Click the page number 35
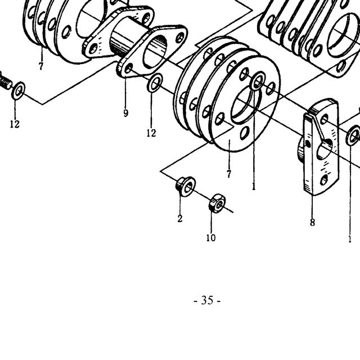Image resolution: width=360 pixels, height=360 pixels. (207, 300)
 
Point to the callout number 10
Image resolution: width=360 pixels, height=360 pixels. (211, 237)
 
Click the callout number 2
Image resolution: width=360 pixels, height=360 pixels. (180, 218)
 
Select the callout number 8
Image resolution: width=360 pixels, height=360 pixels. (312, 222)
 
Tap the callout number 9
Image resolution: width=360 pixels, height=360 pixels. (125, 113)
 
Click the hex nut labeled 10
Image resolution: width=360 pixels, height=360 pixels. (217, 203)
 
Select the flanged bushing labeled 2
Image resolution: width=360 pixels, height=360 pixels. (186, 186)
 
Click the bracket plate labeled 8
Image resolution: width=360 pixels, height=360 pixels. (321, 147)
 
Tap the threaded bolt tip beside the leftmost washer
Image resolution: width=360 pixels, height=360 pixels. (5, 81)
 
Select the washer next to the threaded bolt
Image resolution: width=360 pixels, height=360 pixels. (19, 91)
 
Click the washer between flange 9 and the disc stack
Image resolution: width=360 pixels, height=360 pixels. (155, 83)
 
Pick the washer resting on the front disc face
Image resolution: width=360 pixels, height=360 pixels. (258, 81)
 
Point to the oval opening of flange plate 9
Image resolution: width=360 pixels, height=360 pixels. (155, 52)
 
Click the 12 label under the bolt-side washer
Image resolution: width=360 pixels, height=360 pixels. (15, 124)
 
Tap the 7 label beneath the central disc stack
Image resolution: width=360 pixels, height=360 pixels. (229, 174)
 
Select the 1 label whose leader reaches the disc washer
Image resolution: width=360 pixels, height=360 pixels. (254, 186)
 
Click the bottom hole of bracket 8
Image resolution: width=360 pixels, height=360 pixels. (324, 180)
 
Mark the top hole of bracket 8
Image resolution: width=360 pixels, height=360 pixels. (324, 119)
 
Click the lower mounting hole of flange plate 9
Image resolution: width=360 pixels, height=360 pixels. (128, 68)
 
